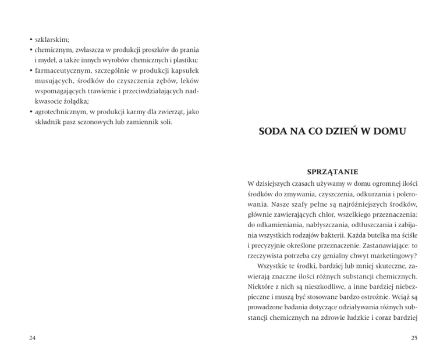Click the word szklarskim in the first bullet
(x=52, y=40)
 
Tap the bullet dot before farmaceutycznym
(x=30, y=71)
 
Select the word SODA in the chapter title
(x=273, y=132)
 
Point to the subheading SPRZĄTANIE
(x=332, y=172)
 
